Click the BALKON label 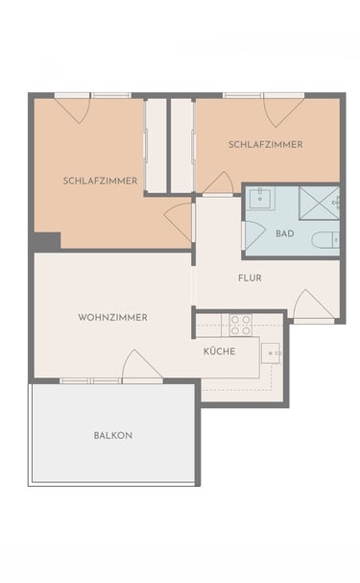pos(113,435)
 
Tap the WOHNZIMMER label pos(112,318)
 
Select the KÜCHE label pos(219,351)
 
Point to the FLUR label pos(250,278)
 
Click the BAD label pos(285,233)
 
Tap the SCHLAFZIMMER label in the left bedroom pos(100,182)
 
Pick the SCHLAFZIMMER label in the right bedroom pos(266,145)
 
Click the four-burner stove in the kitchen pos(240,325)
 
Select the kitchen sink pos(272,352)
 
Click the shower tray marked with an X pos(319,204)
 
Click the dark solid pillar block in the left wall pos(45,242)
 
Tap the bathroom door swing pos(253,235)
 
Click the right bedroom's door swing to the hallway pos(218,183)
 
